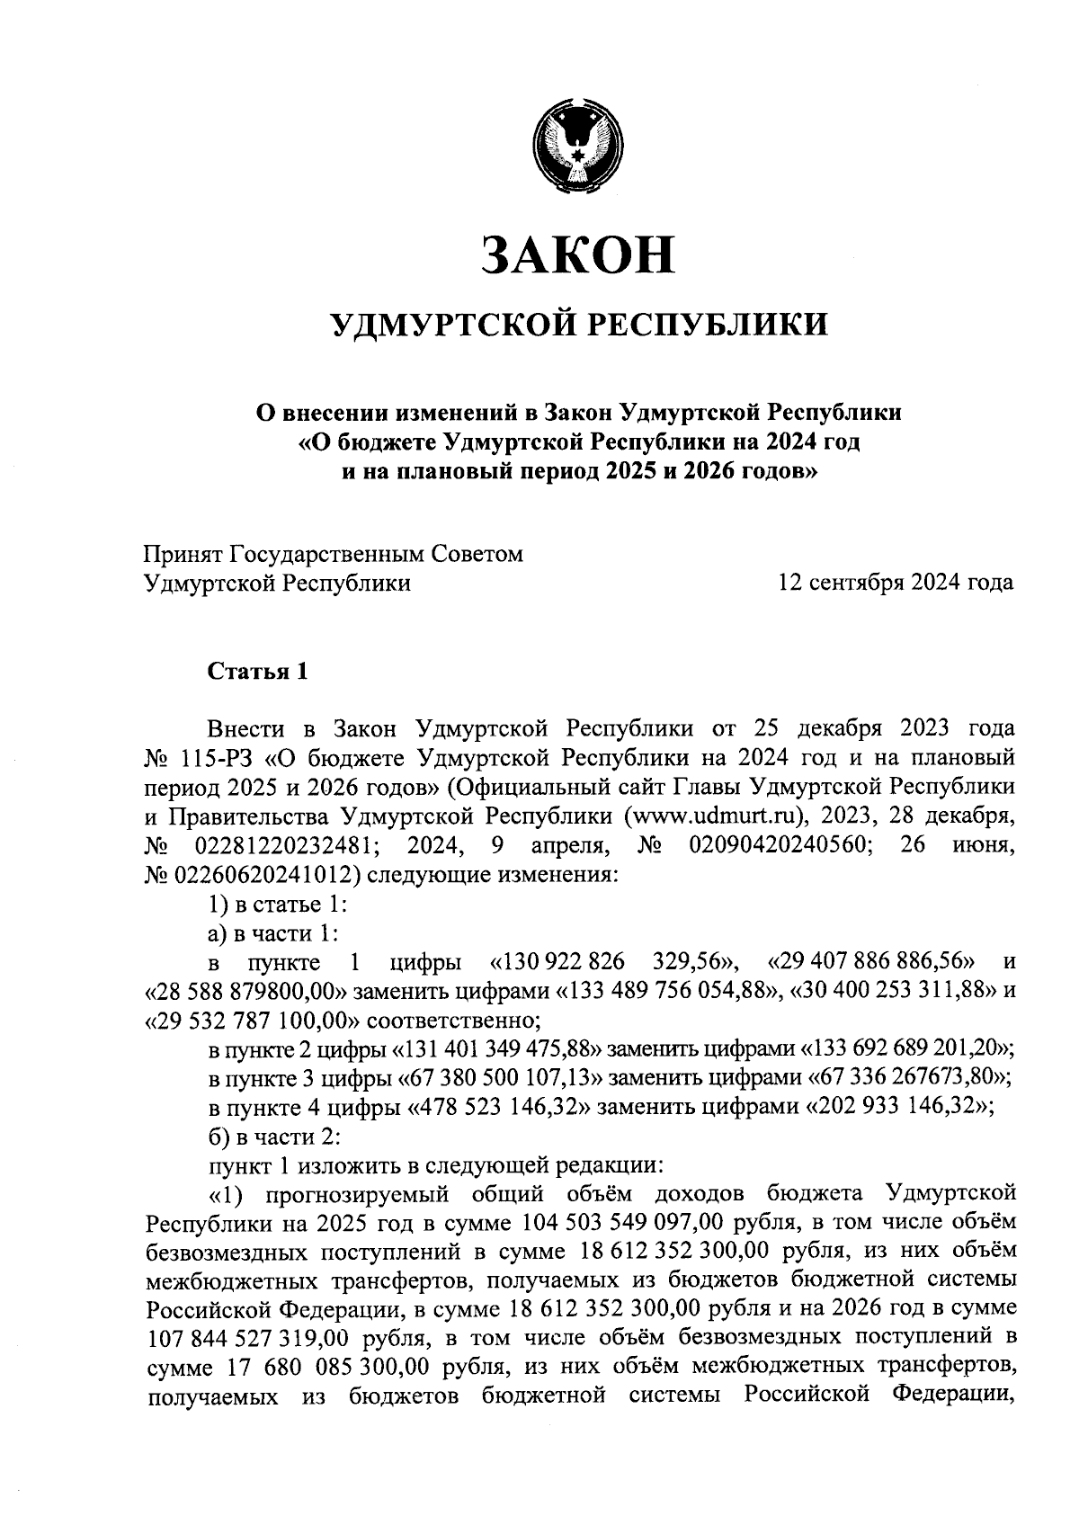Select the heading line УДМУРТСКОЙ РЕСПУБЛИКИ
point(578,324)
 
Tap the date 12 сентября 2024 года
point(896,584)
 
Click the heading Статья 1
point(258,672)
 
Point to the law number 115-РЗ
point(214,757)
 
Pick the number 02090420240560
point(774,845)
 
